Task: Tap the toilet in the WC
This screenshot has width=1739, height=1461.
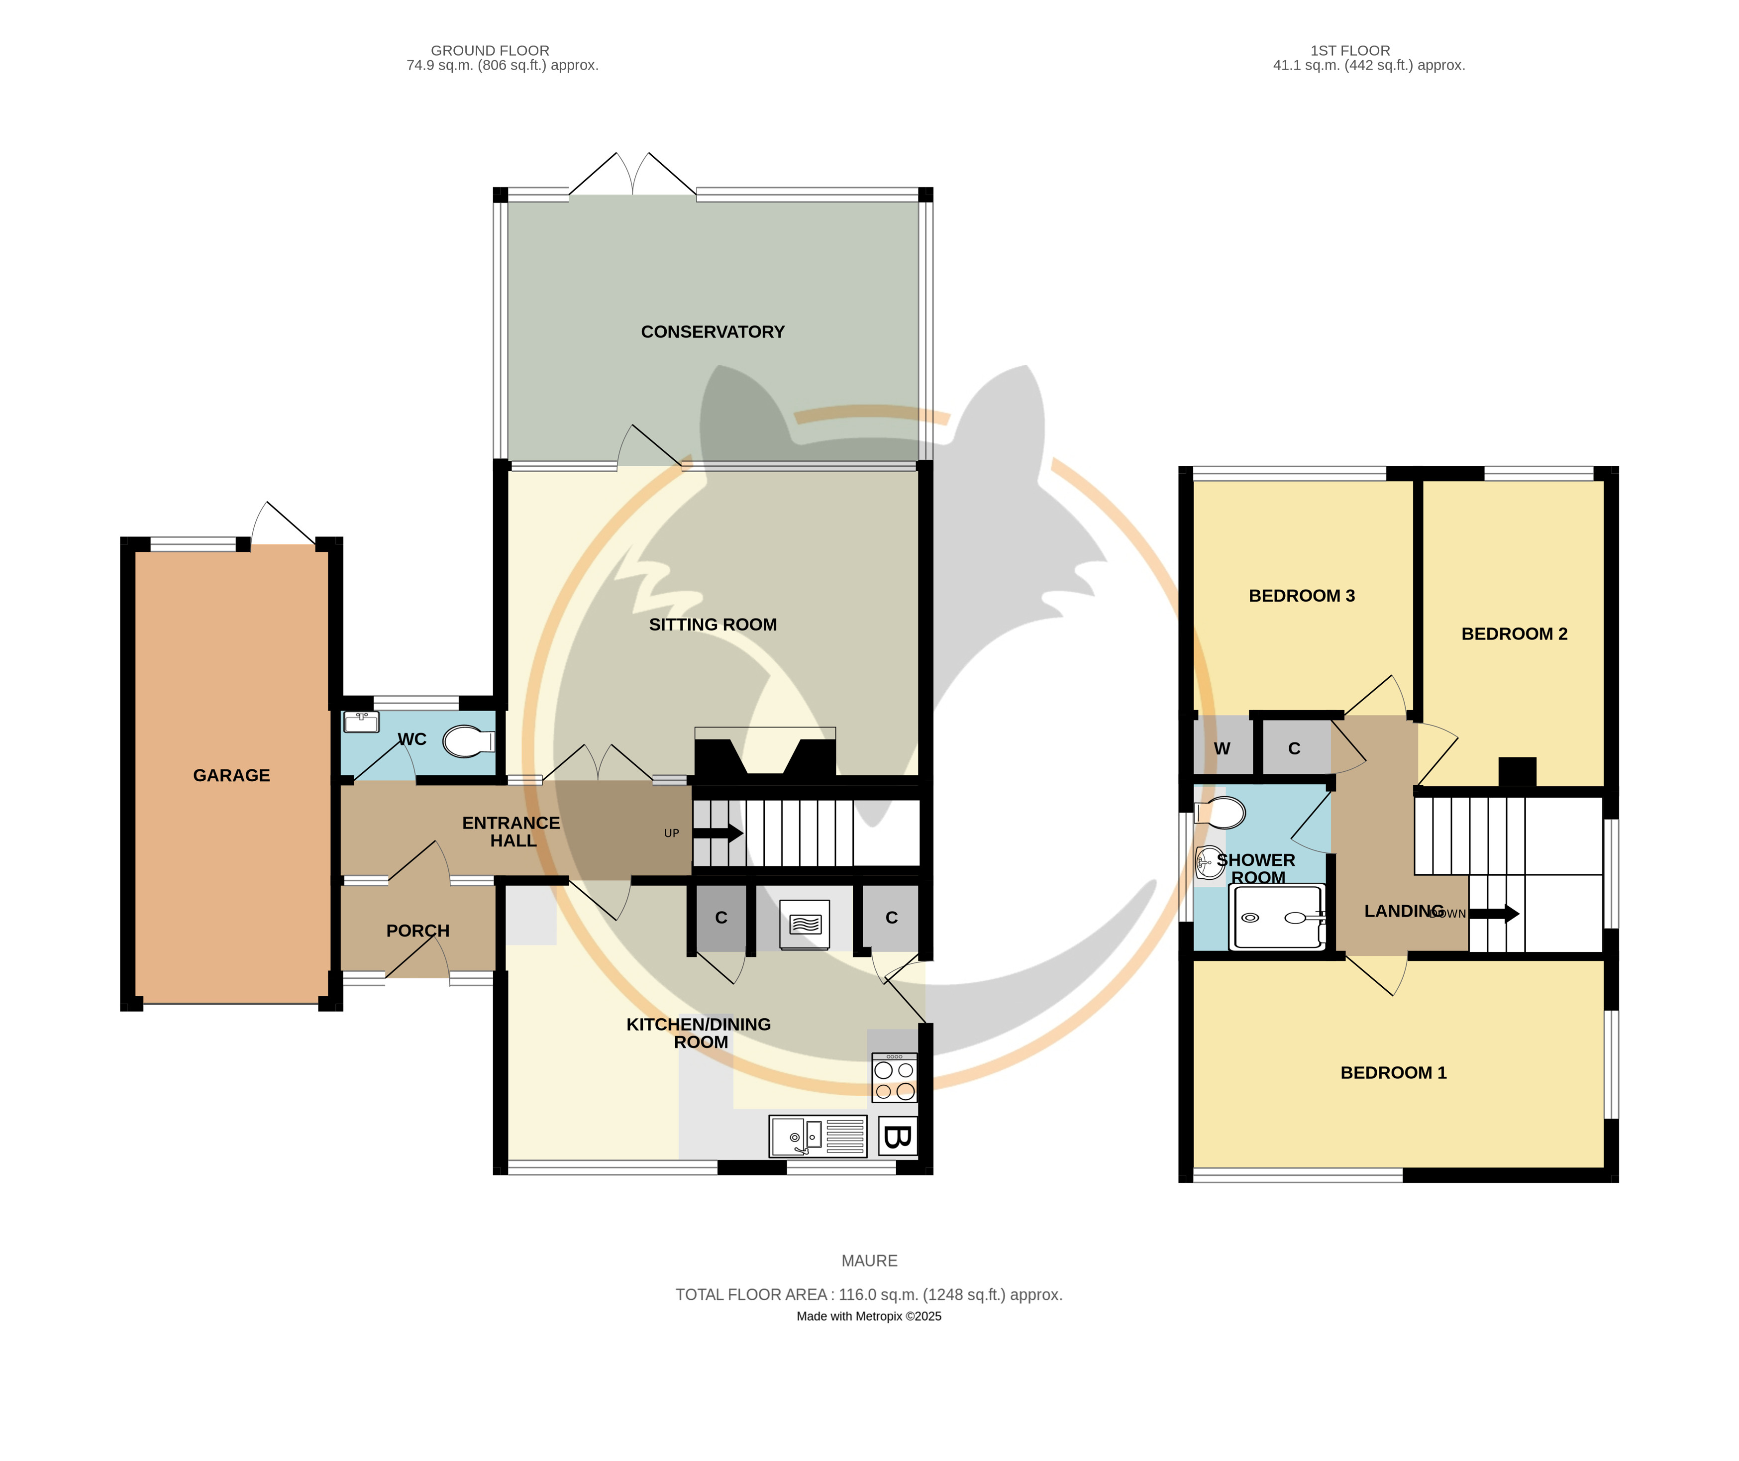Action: (x=469, y=742)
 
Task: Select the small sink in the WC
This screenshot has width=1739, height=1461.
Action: (x=361, y=722)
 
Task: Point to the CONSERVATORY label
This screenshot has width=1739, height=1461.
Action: (x=712, y=332)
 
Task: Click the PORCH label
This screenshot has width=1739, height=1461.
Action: (x=417, y=931)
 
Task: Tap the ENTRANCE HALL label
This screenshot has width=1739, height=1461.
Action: (x=512, y=832)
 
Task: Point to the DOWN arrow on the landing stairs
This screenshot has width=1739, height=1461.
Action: (x=1495, y=914)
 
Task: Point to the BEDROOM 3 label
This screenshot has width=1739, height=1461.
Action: (x=1302, y=596)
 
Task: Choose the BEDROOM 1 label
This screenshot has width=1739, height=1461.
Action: (x=1394, y=1072)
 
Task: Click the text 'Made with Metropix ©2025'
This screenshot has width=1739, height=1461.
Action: (x=869, y=1316)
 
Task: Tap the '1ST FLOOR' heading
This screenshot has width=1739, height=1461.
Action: (x=1350, y=51)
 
